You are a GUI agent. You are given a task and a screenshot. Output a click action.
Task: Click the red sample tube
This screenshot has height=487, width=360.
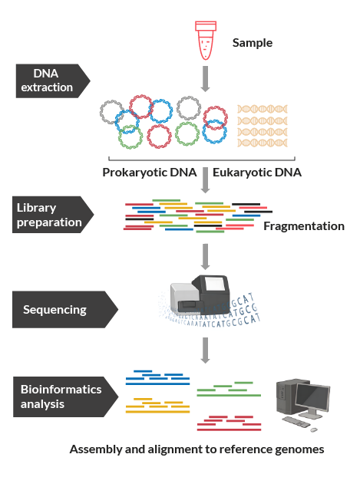pos(206,41)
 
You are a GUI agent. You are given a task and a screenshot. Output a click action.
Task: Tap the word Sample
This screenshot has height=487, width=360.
pos(253,43)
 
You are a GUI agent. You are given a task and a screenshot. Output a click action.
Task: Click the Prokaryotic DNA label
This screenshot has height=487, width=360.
pos(150,173)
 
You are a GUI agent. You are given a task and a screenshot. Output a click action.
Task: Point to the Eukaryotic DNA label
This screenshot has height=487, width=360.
pos(257,173)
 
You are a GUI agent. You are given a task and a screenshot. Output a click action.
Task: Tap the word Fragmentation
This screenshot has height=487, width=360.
pos(304,226)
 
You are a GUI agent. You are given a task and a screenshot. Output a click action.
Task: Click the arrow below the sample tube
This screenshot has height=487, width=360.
pos(205,79)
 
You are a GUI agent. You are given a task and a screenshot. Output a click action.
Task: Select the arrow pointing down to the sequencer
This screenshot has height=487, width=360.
pos(205,257)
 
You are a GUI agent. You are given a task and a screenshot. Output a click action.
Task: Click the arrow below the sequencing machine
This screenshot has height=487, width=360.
pos(205,350)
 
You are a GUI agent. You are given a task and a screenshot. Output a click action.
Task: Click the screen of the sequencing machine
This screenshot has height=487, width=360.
pos(215,284)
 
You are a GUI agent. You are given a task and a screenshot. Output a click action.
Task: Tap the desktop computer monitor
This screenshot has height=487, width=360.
pos(312,399)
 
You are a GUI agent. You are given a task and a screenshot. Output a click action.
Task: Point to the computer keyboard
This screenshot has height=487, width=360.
pos(296,422)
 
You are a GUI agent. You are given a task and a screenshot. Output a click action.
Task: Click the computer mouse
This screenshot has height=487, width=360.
pos(314,429)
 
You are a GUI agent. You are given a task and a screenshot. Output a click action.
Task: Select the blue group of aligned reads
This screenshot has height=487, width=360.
pos(157,377)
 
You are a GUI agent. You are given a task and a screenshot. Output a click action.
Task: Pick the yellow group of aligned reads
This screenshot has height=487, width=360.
pos(157,406)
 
